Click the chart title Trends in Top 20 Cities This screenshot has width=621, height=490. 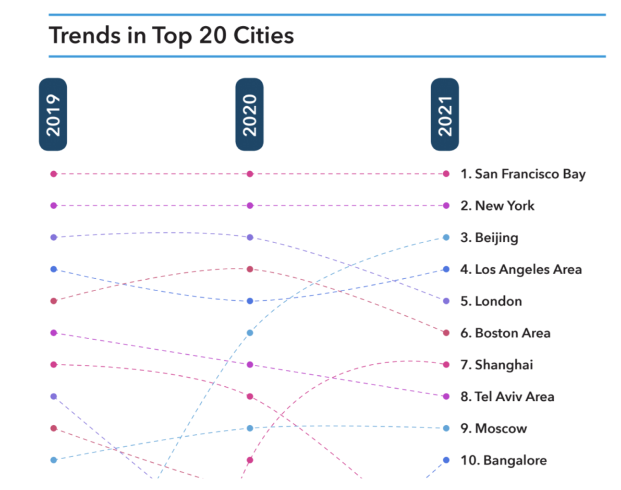171,35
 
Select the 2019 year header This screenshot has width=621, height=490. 53,115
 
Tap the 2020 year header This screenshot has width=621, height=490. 249,115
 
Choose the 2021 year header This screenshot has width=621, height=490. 445,115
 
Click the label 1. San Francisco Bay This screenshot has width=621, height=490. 523,174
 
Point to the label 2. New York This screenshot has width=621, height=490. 497,206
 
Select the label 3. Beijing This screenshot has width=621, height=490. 489,238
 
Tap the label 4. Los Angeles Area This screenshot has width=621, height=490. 521,269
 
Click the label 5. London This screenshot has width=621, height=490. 491,301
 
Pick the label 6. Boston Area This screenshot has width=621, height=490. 505,333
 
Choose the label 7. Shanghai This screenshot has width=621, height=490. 497,365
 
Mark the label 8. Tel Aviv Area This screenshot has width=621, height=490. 507,397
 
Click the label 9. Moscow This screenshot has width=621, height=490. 494,429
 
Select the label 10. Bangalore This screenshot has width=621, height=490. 503,460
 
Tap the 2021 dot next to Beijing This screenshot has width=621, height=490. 446,237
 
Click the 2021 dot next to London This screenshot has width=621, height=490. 446,301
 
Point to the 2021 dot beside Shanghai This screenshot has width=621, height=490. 446,364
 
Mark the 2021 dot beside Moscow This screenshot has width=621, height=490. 446,428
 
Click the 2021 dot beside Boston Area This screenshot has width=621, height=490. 446,333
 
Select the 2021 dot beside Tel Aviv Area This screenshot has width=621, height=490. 446,397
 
